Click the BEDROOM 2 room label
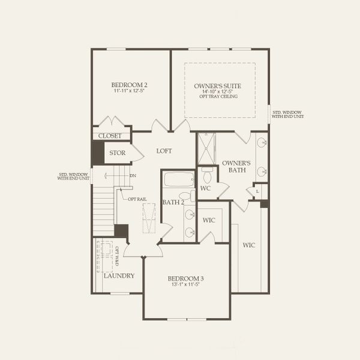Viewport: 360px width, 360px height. coord(129,85)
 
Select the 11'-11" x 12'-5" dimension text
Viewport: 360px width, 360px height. coord(130,92)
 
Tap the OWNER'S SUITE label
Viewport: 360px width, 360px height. coord(219,86)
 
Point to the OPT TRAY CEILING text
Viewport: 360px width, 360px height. coord(219,97)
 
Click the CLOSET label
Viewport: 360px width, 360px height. coord(110,136)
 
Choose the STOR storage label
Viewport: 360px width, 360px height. coord(117,153)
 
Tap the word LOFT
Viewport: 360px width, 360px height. coord(164,151)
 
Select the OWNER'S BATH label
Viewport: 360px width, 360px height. coord(235,167)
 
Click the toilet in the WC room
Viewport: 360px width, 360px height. coord(207,175)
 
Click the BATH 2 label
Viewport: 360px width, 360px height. coord(173,202)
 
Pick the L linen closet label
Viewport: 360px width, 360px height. coord(257,191)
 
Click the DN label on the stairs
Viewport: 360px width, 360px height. coord(133,176)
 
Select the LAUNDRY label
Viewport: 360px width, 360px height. coord(118,276)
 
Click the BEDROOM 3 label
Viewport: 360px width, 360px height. coord(185,278)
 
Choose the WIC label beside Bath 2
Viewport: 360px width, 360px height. coord(209,220)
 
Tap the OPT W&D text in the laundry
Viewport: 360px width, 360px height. coord(117,254)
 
